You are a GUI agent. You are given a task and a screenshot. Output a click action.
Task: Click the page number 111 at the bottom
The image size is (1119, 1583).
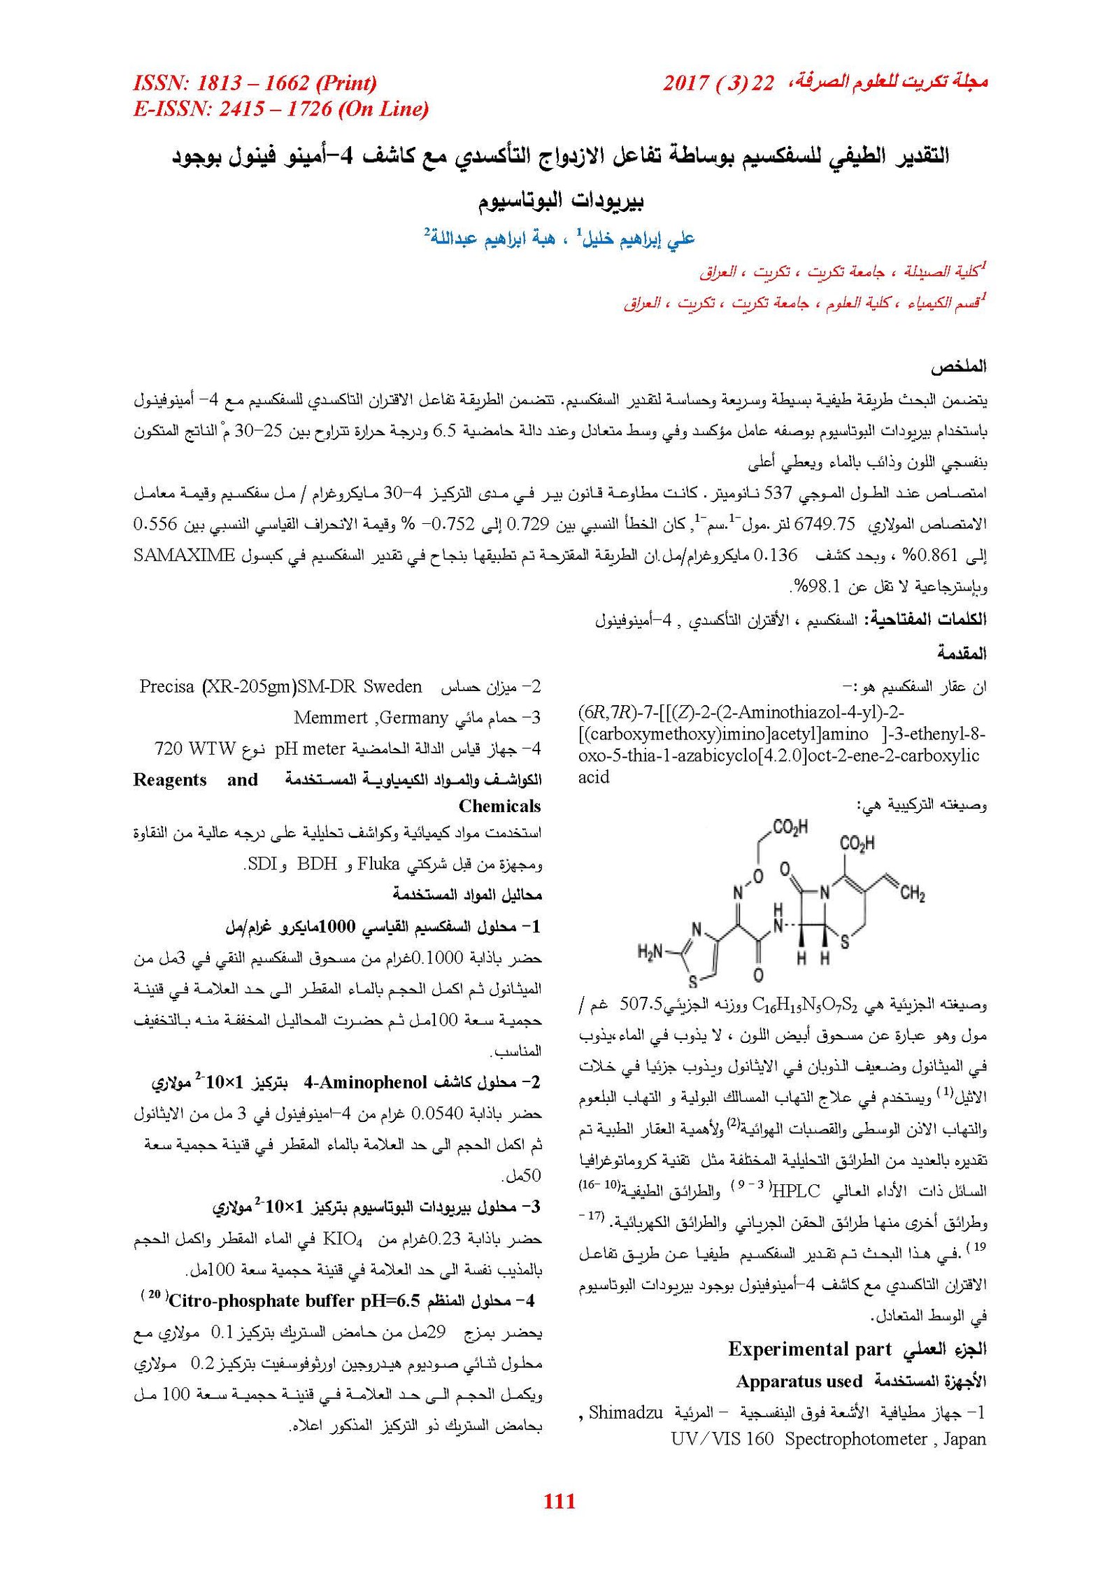tap(559, 1500)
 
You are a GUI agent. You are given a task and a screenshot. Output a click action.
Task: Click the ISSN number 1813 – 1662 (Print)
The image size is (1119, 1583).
tap(255, 83)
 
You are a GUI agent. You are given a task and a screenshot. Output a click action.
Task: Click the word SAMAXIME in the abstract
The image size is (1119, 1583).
tap(184, 555)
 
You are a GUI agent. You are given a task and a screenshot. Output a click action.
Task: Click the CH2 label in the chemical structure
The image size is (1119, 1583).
tap(911, 894)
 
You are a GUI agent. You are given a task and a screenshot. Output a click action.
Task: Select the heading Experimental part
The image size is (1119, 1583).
tap(809, 1349)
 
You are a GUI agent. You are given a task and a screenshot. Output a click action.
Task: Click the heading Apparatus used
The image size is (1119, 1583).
tap(799, 1381)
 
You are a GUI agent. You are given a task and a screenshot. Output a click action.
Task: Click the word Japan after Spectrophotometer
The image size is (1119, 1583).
tap(964, 1439)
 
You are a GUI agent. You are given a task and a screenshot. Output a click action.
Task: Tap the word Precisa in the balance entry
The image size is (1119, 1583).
tap(166, 686)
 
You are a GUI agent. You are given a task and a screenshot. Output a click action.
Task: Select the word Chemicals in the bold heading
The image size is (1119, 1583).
tap(499, 806)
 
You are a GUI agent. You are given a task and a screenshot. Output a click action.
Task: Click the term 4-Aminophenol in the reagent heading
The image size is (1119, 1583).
tap(365, 1083)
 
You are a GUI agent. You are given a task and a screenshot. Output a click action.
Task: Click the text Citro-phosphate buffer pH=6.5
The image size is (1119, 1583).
tap(294, 1301)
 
